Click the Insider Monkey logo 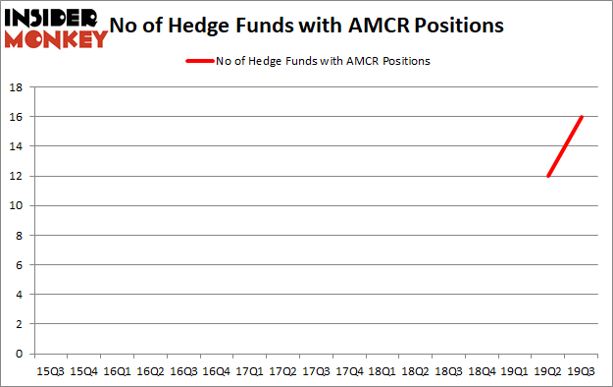click(x=56, y=28)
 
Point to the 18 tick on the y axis click(x=17, y=87)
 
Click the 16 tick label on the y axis click(x=17, y=117)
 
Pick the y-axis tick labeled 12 click(x=17, y=176)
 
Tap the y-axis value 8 click(x=20, y=236)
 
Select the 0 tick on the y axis click(x=20, y=354)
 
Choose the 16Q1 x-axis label click(x=116, y=372)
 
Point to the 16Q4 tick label click(x=216, y=372)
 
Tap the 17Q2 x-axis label click(x=282, y=372)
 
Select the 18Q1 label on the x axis click(x=383, y=372)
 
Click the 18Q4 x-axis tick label click(x=482, y=372)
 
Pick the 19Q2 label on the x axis click(x=548, y=372)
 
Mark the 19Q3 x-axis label click(x=582, y=372)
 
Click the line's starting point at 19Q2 click(x=548, y=176)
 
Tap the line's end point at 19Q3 click(x=582, y=117)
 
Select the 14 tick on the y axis click(x=17, y=146)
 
